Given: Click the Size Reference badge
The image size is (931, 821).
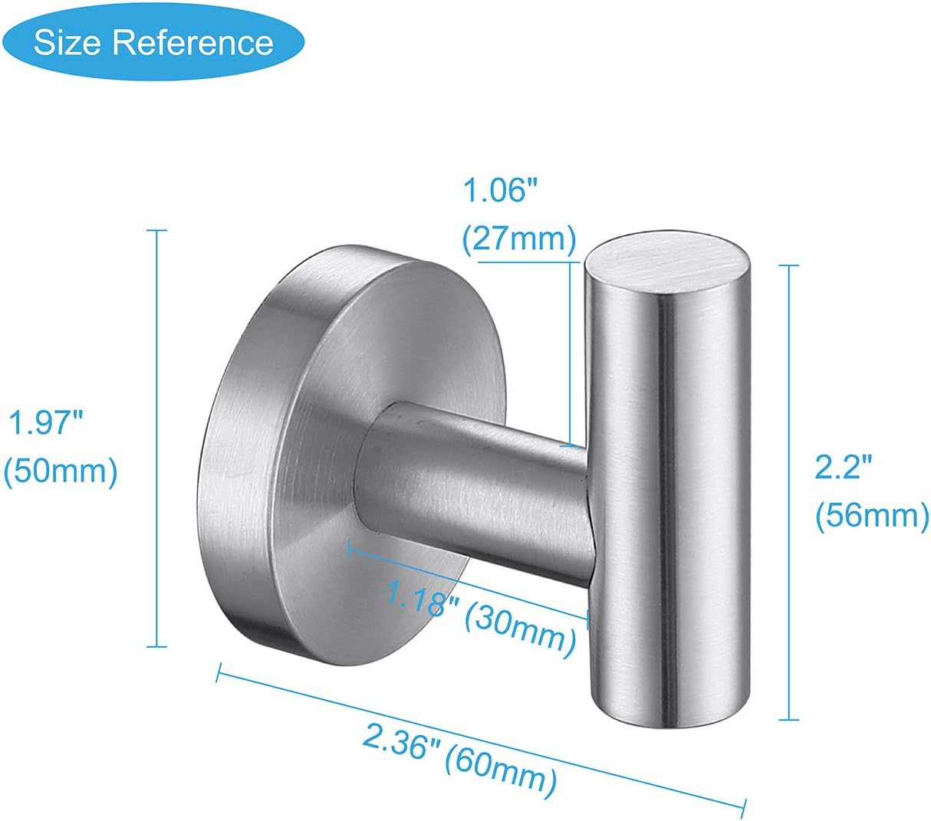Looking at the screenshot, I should [x=153, y=42].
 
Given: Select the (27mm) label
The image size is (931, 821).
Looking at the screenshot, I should [x=518, y=239].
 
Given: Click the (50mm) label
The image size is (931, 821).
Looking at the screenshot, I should [x=61, y=471].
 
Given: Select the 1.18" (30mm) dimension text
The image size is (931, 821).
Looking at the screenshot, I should [x=479, y=619].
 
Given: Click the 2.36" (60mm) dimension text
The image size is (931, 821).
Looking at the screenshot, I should [x=458, y=759].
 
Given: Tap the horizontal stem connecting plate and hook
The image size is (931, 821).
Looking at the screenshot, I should [x=475, y=491].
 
